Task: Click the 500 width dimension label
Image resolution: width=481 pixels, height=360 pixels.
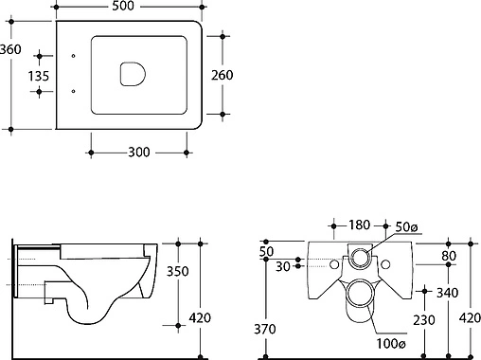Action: click(123, 6)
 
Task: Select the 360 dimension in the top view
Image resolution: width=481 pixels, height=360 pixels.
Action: click(10, 49)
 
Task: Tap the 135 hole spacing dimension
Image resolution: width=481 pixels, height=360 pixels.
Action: click(39, 76)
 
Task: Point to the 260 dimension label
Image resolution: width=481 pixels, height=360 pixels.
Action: click(223, 75)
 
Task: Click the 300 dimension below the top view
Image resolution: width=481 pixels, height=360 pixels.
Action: click(139, 153)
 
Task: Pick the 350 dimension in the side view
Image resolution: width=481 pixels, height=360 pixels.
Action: click(177, 271)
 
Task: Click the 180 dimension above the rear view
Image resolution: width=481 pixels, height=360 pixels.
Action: click(359, 225)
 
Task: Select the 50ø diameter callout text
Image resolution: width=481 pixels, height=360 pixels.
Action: click(406, 226)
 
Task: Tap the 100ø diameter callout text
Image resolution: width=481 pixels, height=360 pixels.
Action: click(391, 343)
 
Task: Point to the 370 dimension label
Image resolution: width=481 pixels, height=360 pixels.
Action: click(265, 329)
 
